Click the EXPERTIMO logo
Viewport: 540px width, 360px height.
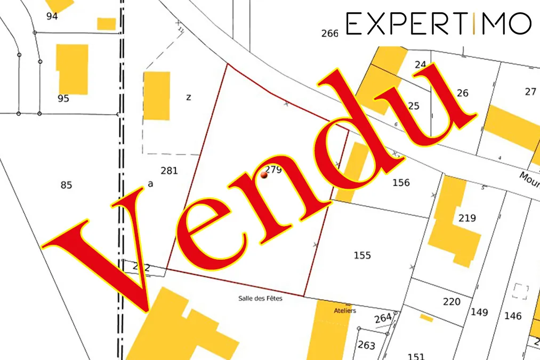[438, 23]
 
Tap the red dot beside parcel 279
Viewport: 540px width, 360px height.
[264, 175]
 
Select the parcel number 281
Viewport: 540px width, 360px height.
[169, 171]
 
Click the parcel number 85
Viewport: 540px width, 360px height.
[66, 185]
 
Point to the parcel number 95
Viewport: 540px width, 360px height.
[63, 99]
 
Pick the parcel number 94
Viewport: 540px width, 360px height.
[52, 16]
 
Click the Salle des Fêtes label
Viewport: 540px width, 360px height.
[260, 299]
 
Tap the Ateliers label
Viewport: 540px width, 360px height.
[344, 310]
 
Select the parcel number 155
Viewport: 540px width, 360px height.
[362, 255]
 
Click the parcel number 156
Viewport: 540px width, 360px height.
[401, 183]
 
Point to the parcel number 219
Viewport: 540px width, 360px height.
[467, 218]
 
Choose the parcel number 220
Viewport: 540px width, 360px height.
[452, 302]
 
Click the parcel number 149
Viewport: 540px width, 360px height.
[479, 312]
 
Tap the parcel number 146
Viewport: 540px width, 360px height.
[513, 316]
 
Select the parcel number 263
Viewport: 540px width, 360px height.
[366, 345]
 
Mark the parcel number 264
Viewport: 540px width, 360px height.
[383, 318]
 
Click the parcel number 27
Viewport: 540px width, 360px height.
[530, 92]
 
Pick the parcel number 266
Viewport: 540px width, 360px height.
[330, 34]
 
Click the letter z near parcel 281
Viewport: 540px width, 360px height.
[189, 97]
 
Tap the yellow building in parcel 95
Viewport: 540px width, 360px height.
[73, 69]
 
